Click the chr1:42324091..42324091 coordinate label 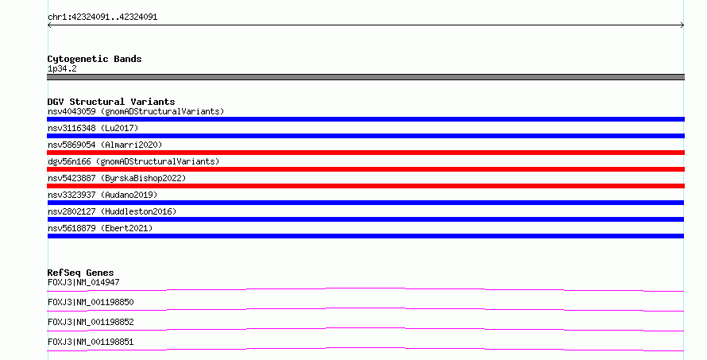coord(102,17)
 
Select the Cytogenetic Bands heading coord(95,59)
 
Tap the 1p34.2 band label coord(62,68)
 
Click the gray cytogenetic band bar coord(365,77)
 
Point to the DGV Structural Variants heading coord(111,102)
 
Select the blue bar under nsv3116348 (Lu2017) coord(365,136)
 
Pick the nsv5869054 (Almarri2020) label coord(105,145)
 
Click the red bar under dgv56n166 coord(365,169)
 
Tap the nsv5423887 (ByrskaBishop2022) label coord(117,178)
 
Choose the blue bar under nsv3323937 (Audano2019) coord(365,203)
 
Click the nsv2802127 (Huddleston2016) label coord(112,211)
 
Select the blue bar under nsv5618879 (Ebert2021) coord(365,236)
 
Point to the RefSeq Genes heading coord(80,273)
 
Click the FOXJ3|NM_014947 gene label coord(83,282)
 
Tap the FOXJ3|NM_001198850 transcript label coord(91,302)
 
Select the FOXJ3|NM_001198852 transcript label coord(91,322)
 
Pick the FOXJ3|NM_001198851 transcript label coord(91,342)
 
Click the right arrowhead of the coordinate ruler coord(682,25)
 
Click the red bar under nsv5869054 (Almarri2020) coord(365,153)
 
